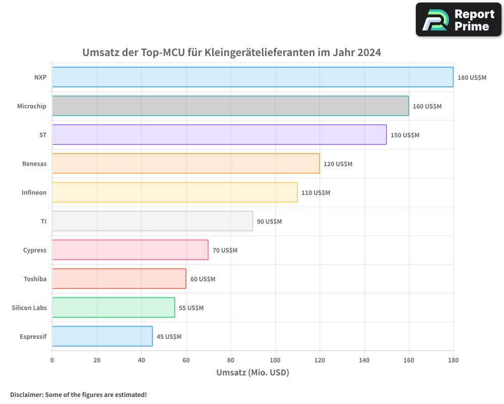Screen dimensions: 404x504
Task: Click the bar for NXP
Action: (253, 77)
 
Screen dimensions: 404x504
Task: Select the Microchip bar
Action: (230, 106)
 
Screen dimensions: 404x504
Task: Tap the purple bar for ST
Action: (219, 135)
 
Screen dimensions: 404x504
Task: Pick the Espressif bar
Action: (102, 336)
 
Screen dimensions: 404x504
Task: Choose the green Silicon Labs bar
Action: (113, 308)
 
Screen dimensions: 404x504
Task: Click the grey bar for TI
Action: (152, 221)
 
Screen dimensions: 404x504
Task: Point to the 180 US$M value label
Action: (472, 78)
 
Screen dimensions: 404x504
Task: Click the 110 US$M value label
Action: (316, 193)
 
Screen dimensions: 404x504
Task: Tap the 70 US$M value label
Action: (225, 250)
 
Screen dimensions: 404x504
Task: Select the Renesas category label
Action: (34, 164)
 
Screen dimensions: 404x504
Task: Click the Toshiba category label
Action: (35, 279)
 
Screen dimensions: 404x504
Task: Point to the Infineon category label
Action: (34, 192)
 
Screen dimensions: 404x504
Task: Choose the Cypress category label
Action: (34, 250)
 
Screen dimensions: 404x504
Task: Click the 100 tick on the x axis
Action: (275, 360)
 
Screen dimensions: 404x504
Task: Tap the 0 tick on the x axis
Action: (52, 360)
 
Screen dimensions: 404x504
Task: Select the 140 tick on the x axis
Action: (364, 360)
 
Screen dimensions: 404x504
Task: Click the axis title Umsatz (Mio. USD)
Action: (253, 373)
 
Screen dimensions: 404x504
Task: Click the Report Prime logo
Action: (459, 20)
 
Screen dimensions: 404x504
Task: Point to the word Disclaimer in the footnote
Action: (26, 394)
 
